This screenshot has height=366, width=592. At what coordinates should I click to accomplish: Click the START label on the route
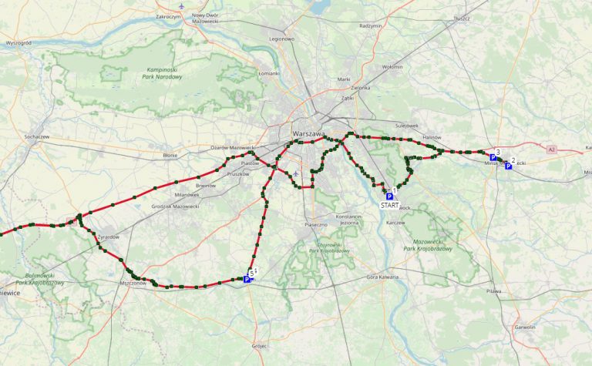click(389, 206)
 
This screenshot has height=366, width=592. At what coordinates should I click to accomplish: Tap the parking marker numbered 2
click(508, 166)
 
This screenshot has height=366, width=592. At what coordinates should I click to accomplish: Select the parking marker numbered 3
click(493, 158)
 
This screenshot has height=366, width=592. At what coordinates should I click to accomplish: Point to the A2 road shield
click(551, 149)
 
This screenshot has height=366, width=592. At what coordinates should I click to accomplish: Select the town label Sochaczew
click(37, 136)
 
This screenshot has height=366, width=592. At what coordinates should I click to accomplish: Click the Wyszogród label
click(17, 43)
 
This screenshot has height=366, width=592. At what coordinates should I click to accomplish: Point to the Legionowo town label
click(281, 38)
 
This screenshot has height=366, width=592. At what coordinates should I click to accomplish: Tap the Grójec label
click(257, 346)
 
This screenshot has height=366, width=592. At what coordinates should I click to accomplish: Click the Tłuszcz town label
click(462, 17)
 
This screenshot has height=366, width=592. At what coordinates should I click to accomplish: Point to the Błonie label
click(170, 155)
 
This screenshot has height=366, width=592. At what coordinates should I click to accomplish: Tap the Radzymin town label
click(370, 25)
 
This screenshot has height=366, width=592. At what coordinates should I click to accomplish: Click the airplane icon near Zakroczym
click(181, 6)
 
